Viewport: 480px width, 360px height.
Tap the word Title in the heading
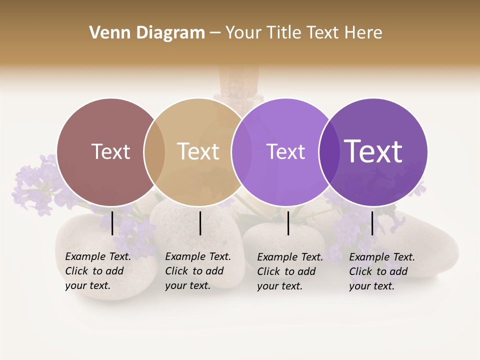pyautogui.click(x=282, y=33)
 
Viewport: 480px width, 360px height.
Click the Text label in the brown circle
pyautogui.click(x=110, y=151)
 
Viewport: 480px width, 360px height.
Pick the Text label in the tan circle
pyautogui.click(x=198, y=151)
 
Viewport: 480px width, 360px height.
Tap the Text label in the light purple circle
pyautogui.click(x=285, y=151)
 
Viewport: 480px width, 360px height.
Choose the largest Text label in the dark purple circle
pyautogui.click(x=373, y=151)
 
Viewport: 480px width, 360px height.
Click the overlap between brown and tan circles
pyautogui.click(x=154, y=151)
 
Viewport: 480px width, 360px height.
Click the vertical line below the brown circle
pyautogui.click(x=112, y=223)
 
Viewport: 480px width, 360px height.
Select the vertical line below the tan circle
pyautogui.click(x=200, y=223)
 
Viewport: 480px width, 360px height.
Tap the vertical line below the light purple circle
pyautogui.click(x=288, y=223)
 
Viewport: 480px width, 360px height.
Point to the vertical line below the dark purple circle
pyautogui.click(x=372, y=223)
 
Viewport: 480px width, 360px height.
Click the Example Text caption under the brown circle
pyautogui.click(x=98, y=271)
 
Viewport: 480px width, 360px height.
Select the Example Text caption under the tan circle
pyautogui.click(x=198, y=271)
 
